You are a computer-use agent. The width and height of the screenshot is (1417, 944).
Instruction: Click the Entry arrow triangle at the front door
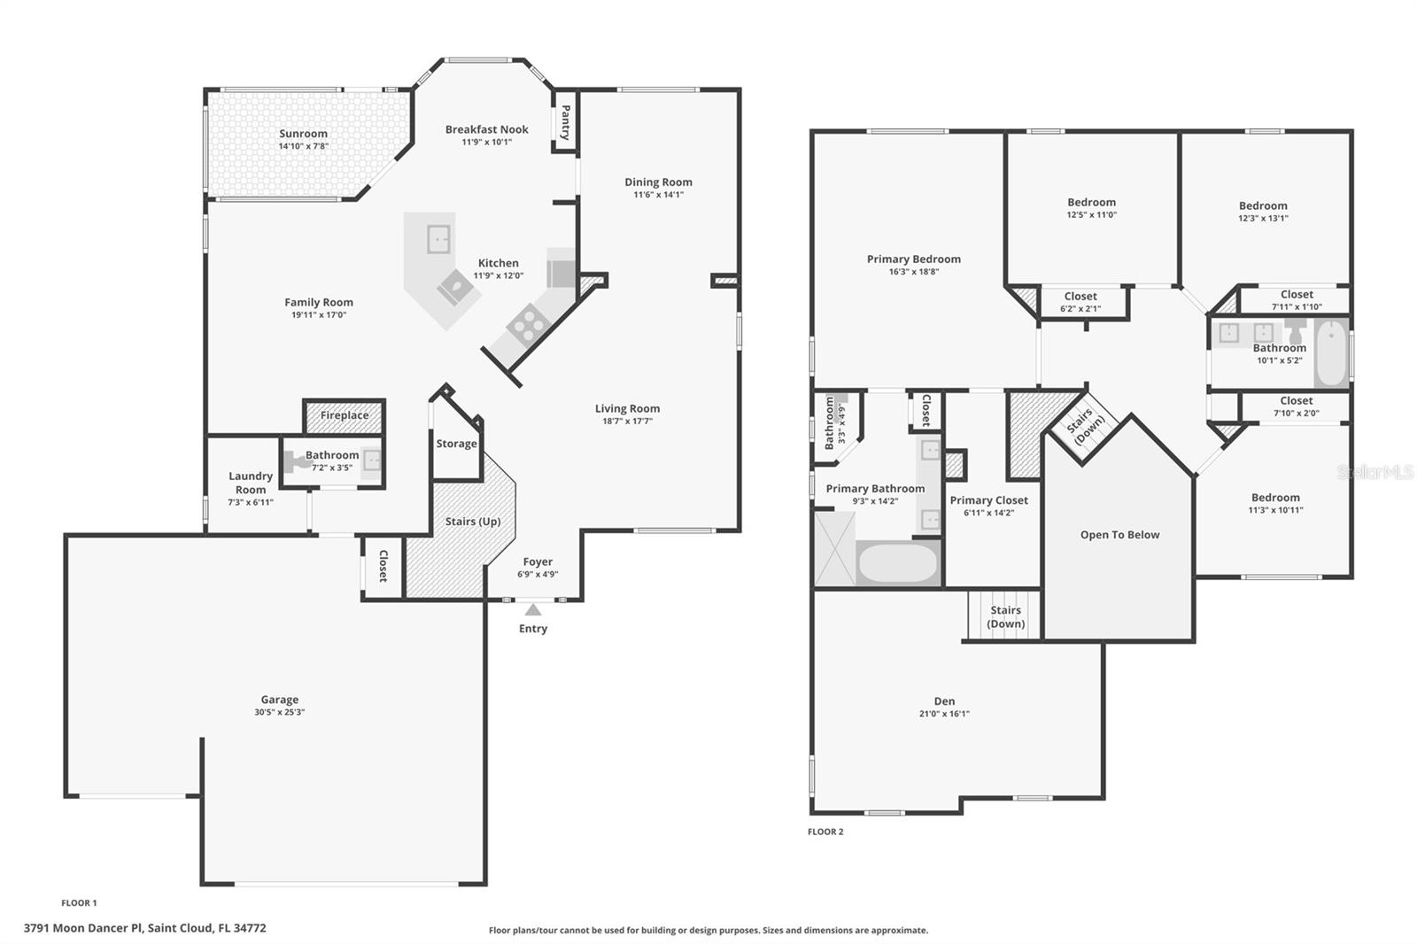(532, 609)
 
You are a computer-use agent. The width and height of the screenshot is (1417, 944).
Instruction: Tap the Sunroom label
(303, 134)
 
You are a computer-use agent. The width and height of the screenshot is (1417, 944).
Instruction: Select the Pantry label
(565, 123)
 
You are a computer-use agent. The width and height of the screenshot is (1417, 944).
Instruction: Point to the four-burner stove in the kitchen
(525, 324)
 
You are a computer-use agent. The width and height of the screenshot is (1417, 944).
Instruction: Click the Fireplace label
(345, 415)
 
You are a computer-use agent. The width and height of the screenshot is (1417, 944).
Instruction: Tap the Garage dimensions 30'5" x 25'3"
(279, 712)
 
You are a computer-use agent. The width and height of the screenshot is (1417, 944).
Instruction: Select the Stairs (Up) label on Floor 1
(473, 522)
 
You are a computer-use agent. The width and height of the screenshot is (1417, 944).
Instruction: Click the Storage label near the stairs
(456, 444)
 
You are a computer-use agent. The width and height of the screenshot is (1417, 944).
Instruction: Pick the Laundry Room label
(251, 483)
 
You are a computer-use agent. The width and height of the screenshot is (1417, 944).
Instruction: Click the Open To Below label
(1119, 535)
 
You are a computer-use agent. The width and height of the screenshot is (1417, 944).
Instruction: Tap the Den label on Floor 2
(944, 700)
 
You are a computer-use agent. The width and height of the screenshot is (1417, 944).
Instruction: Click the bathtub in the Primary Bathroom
(897, 563)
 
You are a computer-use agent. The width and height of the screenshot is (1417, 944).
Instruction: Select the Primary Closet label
(988, 500)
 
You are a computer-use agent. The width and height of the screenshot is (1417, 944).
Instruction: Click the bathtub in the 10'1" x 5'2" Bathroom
(1330, 354)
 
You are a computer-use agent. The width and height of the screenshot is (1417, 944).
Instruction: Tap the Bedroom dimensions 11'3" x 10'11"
(1275, 510)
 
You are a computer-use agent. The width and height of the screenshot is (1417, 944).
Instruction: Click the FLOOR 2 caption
(825, 832)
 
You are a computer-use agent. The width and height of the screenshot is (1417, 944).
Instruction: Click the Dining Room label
(658, 182)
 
